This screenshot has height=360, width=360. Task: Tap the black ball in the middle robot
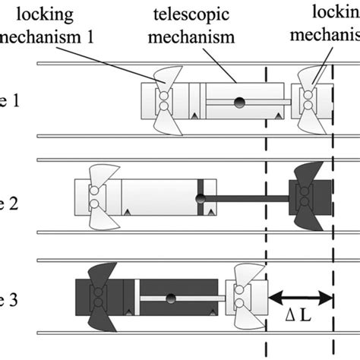click(x=202, y=199)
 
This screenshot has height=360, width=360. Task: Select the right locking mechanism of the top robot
click(x=310, y=102)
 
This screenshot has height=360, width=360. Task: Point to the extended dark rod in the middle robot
click(x=247, y=199)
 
